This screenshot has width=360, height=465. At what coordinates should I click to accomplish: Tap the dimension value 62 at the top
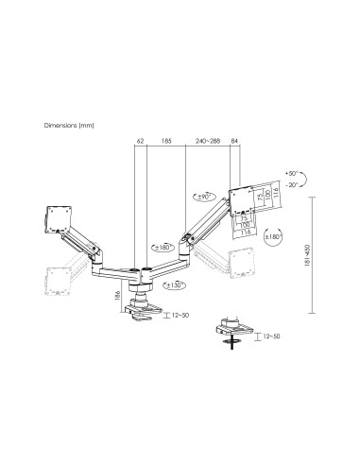[x=141, y=141]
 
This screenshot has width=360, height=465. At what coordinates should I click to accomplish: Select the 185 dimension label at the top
[x=166, y=141]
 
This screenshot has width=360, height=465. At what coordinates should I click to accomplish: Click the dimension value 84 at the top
[x=234, y=141]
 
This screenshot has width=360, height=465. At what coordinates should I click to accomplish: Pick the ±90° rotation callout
[x=198, y=197]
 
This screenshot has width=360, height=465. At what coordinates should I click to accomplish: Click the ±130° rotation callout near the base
[x=172, y=284]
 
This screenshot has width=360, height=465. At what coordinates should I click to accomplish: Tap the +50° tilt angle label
[x=289, y=174]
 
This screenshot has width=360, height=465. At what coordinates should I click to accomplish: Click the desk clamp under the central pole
[x=146, y=312]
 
